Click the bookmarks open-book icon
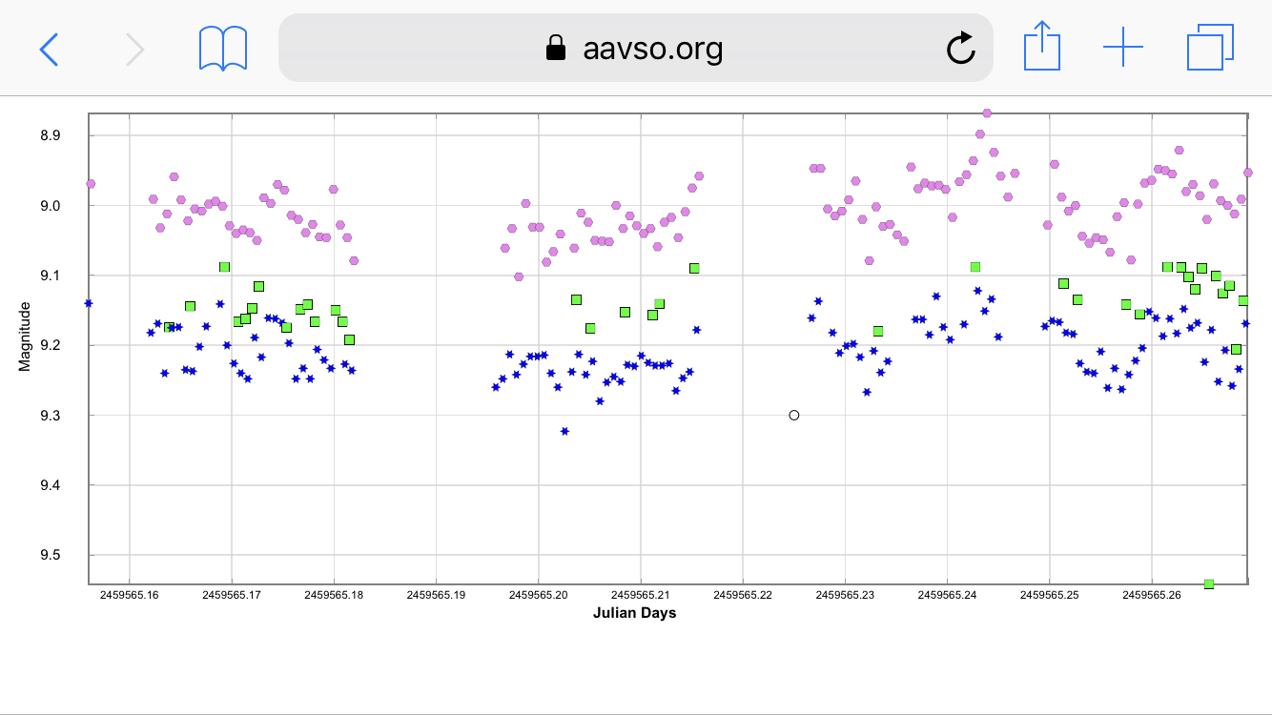click(223, 48)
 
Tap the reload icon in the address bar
click(960, 48)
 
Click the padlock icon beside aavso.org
click(556, 48)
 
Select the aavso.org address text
click(652, 48)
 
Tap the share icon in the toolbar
click(1042, 48)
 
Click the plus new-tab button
click(1122, 48)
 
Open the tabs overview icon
click(1209, 48)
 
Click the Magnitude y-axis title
click(26, 337)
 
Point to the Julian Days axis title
click(634, 613)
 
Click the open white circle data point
click(794, 415)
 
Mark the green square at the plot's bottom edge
click(1209, 583)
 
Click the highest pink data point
click(987, 113)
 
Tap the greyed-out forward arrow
click(135, 48)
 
